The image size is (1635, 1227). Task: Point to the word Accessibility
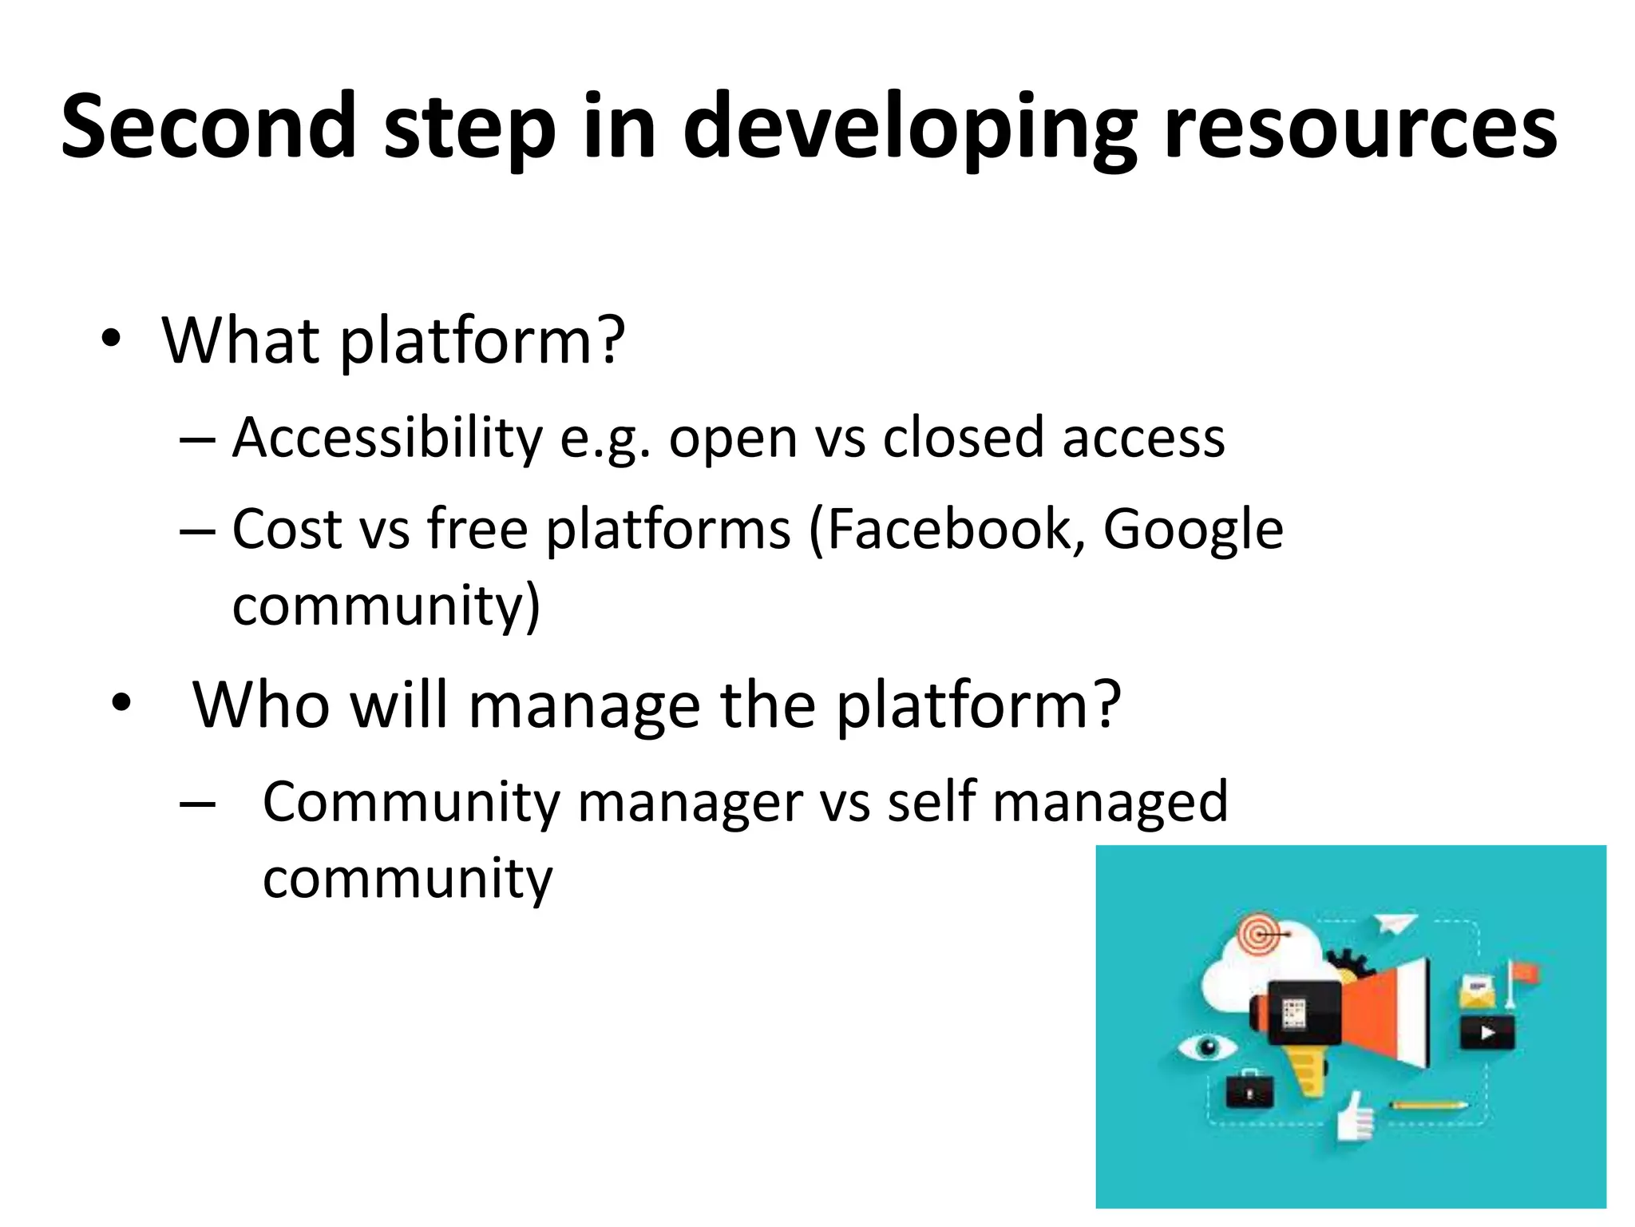(x=387, y=438)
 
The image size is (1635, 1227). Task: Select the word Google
(x=1193, y=530)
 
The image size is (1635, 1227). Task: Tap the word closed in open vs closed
(x=963, y=438)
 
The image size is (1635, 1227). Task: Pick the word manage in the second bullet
(x=584, y=706)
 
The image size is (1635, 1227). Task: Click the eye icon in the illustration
(x=1207, y=1046)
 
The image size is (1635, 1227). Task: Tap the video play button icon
(x=1487, y=1033)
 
